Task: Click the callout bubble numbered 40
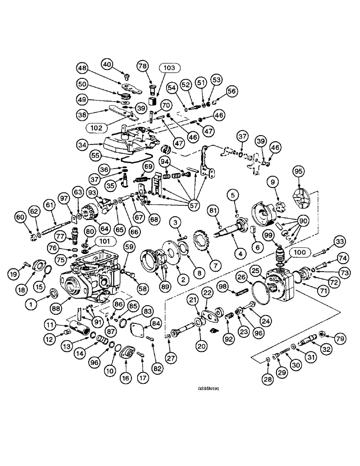coord(108,63)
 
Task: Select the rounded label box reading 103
coord(169,68)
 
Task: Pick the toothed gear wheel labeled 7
coord(203,241)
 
